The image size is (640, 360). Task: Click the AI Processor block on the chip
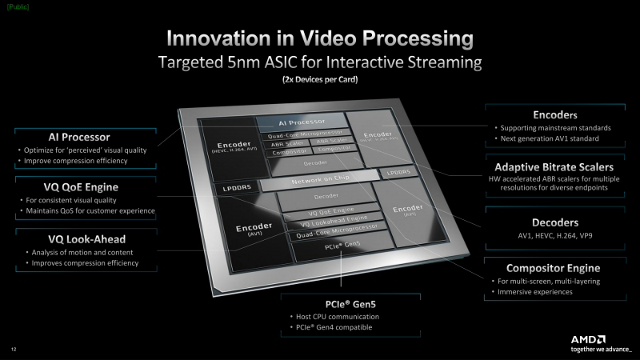point(299,122)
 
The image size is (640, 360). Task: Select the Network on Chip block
point(320,183)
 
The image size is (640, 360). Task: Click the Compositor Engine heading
point(553,268)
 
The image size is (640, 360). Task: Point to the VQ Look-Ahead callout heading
point(73,238)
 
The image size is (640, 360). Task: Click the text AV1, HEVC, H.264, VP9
point(554,237)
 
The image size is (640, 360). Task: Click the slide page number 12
point(14,349)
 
